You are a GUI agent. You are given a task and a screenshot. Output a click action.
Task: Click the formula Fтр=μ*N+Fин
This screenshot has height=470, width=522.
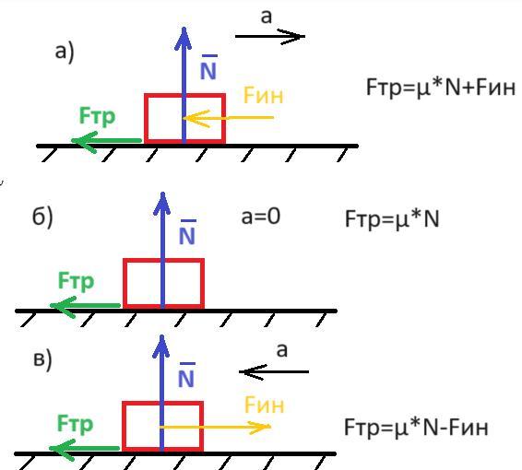point(441,88)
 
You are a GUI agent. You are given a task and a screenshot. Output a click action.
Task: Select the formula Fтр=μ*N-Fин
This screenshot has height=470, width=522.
point(416,428)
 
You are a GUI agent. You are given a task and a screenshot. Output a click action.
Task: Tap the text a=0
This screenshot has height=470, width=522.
point(261,217)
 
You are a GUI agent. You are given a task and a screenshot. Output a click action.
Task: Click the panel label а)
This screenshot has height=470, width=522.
point(65,53)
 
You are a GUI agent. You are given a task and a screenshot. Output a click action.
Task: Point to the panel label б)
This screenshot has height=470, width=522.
point(42,217)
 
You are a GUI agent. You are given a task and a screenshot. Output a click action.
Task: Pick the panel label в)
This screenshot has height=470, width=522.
point(43,360)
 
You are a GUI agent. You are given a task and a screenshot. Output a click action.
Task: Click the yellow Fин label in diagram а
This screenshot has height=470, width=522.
point(264,96)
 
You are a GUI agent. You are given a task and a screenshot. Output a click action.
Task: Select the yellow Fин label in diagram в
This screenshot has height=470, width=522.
point(265,405)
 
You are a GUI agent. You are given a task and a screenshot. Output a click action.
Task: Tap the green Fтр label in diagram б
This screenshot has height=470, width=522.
point(76,282)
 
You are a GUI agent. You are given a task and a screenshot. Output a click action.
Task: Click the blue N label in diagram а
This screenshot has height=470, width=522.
point(208,67)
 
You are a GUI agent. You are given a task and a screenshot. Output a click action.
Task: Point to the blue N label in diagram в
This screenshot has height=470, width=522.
point(186,375)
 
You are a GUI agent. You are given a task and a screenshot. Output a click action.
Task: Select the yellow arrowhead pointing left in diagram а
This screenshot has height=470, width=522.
point(196,118)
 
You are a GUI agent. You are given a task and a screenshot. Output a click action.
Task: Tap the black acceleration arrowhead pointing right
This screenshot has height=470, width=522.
point(291,36)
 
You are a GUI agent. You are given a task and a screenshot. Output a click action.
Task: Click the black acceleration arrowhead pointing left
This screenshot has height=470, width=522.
point(253,372)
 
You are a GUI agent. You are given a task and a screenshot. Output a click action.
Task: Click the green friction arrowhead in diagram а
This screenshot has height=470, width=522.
point(85,141)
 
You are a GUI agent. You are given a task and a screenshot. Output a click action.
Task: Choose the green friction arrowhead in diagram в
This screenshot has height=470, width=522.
point(62,449)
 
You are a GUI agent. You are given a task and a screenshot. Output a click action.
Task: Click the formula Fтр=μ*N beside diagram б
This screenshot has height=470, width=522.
point(392,219)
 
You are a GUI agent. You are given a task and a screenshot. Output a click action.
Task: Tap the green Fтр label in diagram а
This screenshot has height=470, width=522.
point(97,117)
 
